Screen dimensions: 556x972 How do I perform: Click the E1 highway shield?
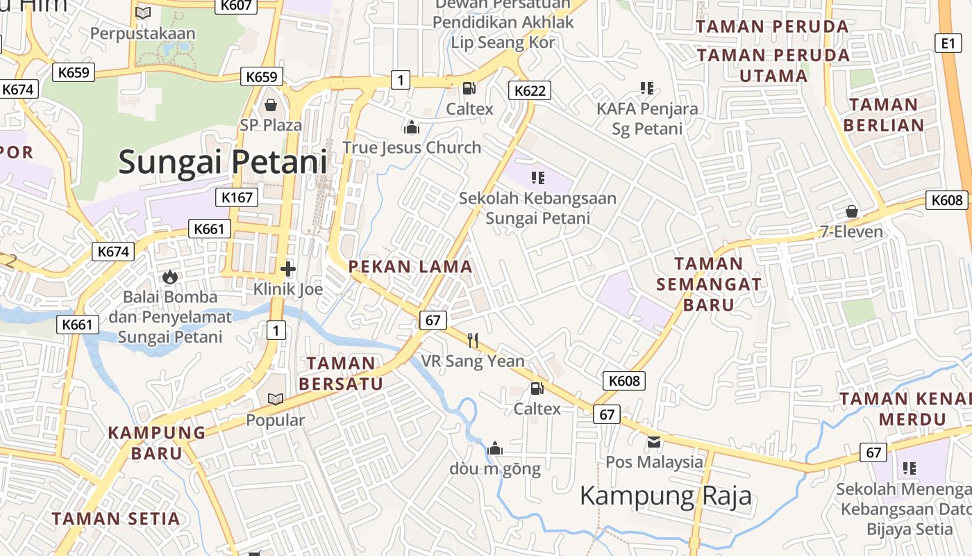click(x=949, y=43)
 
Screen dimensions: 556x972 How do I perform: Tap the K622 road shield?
click(x=529, y=90)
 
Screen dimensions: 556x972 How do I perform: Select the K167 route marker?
click(x=237, y=197)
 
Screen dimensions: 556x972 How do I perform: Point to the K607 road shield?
click(x=237, y=6)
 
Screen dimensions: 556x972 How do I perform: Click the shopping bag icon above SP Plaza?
click(x=271, y=105)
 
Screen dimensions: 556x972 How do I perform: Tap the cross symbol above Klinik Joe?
click(x=288, y=268)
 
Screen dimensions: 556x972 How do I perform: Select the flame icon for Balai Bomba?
click(x=169, y=277)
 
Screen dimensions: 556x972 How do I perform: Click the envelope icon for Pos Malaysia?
click(x=654, y=441)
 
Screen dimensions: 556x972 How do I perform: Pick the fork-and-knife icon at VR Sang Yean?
click(x=473, y=340)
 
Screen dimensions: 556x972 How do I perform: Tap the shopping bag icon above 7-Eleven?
click(x=851, y=211)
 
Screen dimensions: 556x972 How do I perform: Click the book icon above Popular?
click(x=276, y=399)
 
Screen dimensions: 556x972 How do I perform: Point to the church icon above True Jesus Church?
click(x=412, y=127)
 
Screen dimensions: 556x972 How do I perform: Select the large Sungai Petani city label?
click(x=222, y=162)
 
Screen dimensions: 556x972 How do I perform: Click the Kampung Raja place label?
click(x=665, y=496)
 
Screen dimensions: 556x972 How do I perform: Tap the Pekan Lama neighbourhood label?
click(x=410, y=266)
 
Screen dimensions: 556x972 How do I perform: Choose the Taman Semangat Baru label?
click(x=708, y=284)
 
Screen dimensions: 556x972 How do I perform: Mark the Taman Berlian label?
click(x=883, y=115)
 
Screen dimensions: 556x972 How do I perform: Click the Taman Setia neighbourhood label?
click(x=116, y=518)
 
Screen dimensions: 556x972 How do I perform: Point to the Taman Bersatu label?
click(x=341, y=373)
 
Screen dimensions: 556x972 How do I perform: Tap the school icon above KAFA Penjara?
click(x=647, y=88)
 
